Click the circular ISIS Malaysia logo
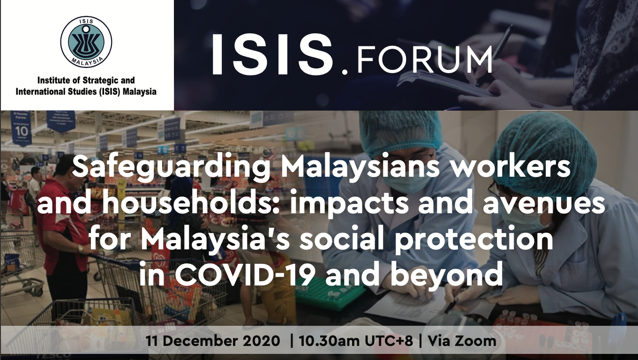point(86,42)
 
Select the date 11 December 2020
point(213,341)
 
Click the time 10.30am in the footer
point(330,341)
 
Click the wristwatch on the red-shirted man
point(81,249)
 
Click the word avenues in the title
point(543,204)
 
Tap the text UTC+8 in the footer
point(389,341)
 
